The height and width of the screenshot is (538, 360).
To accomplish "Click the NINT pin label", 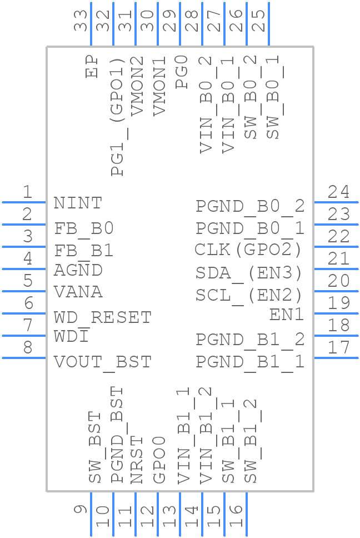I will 78,203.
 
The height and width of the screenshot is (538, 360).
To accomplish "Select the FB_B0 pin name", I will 84,228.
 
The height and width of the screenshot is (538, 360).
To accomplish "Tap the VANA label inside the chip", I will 78,292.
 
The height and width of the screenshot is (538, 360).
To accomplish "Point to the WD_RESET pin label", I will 103,317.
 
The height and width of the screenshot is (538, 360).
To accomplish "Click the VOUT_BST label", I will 103,362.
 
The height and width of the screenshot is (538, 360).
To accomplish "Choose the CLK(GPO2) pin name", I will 248,250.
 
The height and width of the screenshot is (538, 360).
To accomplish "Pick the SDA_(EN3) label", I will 249,273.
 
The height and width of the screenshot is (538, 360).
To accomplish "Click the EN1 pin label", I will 287,315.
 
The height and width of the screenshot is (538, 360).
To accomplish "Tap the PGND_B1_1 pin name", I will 250,362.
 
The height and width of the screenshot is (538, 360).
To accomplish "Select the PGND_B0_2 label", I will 250,206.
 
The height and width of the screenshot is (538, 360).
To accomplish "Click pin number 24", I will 338,192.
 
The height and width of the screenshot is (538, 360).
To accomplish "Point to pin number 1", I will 27,192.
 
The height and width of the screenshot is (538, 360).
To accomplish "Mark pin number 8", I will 27,348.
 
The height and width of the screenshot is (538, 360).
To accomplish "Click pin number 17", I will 338,348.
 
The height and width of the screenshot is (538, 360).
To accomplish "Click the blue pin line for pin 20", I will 336,291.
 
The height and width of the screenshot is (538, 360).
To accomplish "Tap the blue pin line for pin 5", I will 24,291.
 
